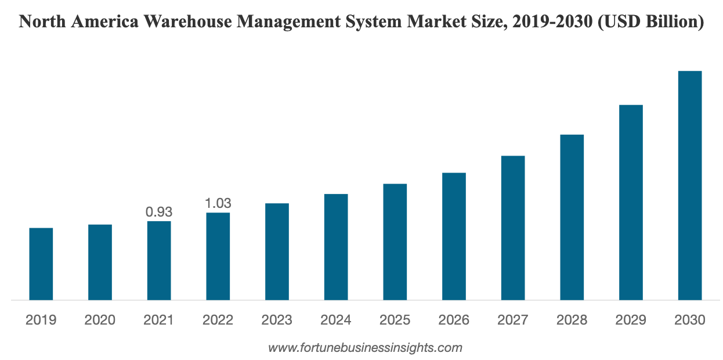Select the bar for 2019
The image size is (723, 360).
click(41, 264)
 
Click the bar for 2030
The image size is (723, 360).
click(690, 185)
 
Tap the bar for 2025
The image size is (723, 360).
click(395, 242)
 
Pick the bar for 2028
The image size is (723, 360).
click(572, 217)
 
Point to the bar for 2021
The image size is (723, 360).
click(159, 260)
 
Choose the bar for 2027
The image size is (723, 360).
click(513, 228)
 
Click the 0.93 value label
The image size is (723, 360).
click(159, 212)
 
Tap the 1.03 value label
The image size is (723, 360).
click(218, 203)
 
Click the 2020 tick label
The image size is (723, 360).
click(100, 320)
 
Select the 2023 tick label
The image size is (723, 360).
click(277, 320)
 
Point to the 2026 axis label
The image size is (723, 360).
click(454, 320)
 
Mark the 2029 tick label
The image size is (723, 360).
click(631, 320)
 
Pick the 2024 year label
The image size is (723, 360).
click(336, 320)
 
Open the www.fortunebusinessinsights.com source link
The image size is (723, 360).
click(365, 348)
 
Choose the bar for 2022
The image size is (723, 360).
click(218, 256)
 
